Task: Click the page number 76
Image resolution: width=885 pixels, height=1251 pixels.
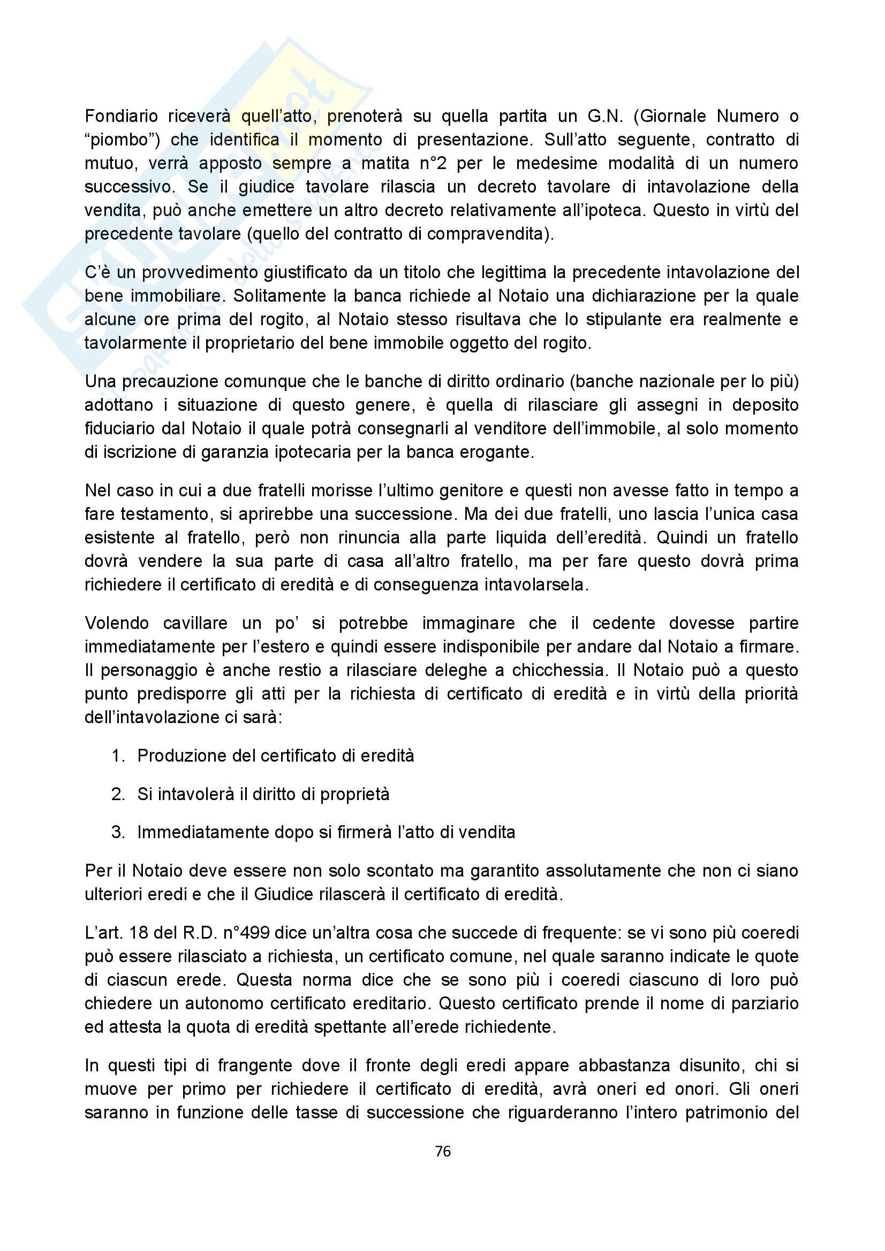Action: (x=443, y=1152)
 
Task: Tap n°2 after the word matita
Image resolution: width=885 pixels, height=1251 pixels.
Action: (x=434, y=164)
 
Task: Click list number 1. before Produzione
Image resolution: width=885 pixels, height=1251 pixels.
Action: (x=118, y=756)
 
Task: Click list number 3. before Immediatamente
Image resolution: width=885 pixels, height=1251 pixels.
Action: (x=118, y=832)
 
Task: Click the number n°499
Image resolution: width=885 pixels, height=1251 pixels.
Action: (x=246, y=933)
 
